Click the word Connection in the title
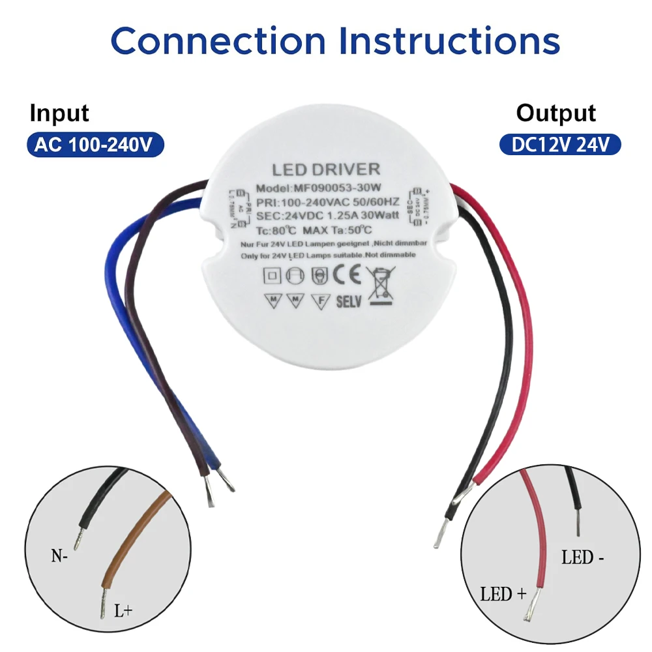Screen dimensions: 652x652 pos(218,40)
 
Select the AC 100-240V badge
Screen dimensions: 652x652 pos(94,144)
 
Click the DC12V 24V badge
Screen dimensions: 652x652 pos(560,144)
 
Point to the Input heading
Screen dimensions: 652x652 pos(59,113)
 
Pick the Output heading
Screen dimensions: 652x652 pos(556,113)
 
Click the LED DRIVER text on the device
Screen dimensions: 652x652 pos(325,170)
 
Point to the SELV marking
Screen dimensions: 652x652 pos(348,302)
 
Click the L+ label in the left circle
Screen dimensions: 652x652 pos(123,611)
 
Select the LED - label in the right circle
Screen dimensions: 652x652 pos(582,558)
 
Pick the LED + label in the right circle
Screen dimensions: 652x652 pos(503,594)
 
